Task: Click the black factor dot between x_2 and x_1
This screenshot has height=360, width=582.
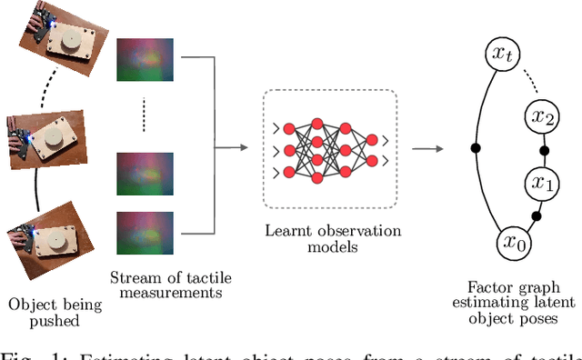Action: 544,150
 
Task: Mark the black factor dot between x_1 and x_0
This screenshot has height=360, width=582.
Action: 536,215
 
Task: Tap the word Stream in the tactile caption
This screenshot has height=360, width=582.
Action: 130,278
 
